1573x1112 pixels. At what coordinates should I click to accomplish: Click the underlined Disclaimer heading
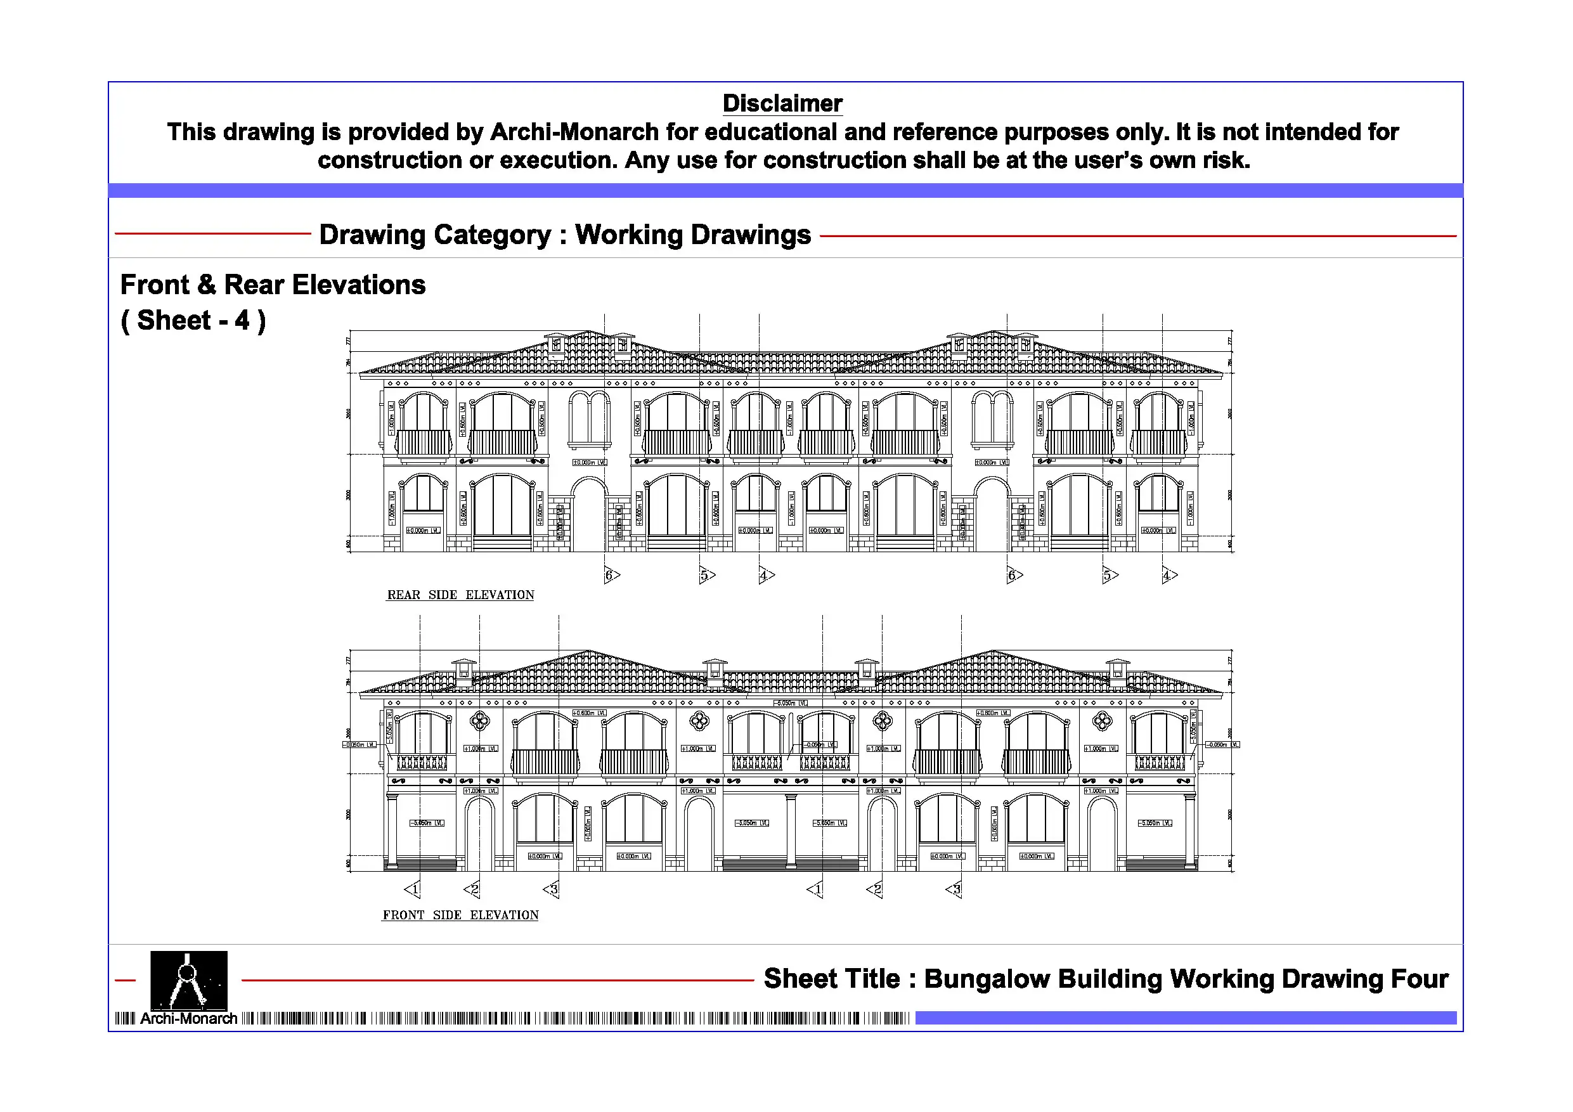click(x=782, y=103)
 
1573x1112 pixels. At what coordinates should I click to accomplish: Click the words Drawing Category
click(x=435, y=235)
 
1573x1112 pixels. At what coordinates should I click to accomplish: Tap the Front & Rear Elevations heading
click(x=273, y=285)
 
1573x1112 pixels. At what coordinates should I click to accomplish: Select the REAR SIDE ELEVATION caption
click(x=460, y=595)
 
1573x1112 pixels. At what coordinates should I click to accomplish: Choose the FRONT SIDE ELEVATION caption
click(x=460, y=915)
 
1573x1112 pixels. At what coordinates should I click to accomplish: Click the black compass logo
click(x=188, y=979)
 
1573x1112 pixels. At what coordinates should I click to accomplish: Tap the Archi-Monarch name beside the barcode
click(x=188, y=1019)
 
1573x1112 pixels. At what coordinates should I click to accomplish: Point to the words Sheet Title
click(x=831, y=979)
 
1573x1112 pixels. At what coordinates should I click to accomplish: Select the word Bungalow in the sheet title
click(x=987, y=979)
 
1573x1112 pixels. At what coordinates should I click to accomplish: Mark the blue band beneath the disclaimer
click(x=785, y=190)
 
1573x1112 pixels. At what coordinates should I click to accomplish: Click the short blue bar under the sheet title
click(x=1185, y=1018)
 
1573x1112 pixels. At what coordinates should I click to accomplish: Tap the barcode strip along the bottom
click(x=576, y=1019)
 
